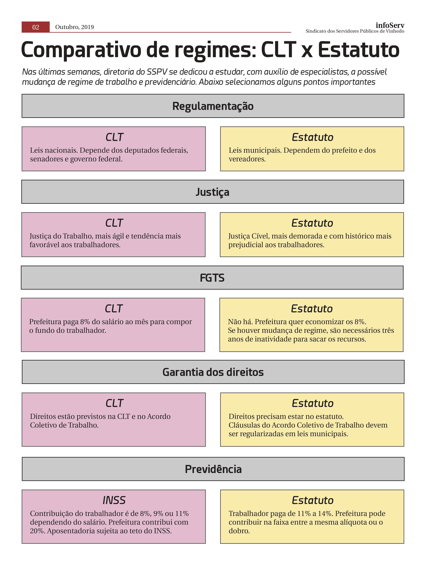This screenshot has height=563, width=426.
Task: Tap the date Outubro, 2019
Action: click(74, 27)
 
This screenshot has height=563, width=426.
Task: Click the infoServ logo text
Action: click(390, 25)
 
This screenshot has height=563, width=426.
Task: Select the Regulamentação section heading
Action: click(213, 106)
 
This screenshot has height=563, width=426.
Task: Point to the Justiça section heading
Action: click(212, 192)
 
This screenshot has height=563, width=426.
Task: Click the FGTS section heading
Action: click(212, 278)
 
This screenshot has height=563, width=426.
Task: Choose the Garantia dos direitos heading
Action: click(213, 372)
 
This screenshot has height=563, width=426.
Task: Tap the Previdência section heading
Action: click(213, 469)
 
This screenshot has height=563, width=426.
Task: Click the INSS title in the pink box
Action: click(114, 500)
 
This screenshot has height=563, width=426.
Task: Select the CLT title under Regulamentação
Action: click(114, 137)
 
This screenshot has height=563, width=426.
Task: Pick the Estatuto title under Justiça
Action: click(312, 223)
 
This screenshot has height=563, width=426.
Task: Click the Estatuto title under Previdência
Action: click(313, 500)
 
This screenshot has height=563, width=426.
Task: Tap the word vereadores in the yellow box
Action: click(247, 159)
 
